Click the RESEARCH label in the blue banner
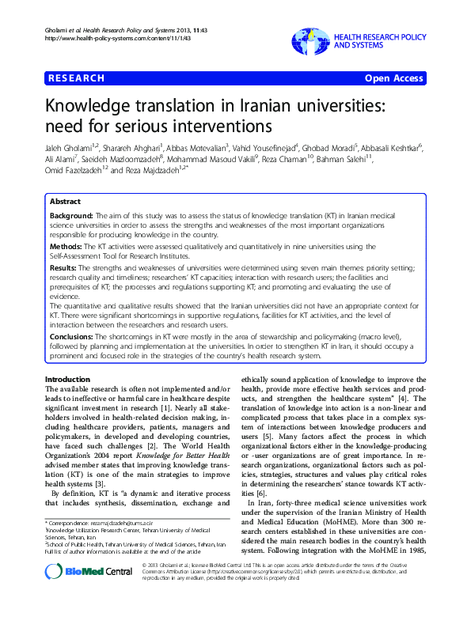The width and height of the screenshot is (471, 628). (x=77, y=78)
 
